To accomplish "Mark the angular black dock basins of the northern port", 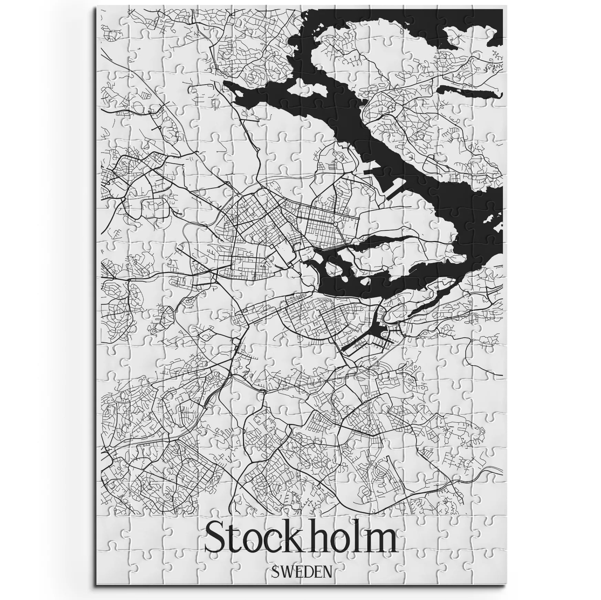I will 382,182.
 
